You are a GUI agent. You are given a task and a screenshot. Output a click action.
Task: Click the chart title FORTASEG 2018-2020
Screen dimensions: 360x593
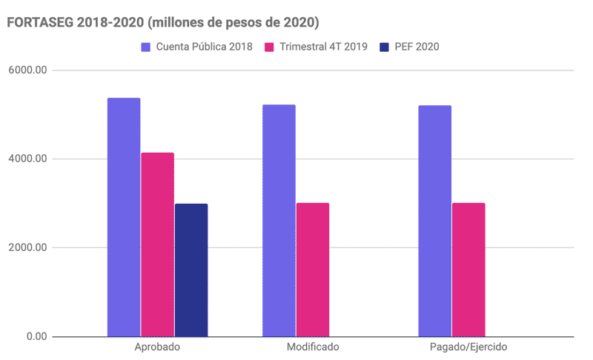pos(162,23)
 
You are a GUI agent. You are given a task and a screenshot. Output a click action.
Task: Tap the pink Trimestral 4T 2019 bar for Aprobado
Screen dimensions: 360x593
pos(157,244)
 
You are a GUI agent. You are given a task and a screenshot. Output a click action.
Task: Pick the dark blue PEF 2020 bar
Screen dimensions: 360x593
pos(191,270)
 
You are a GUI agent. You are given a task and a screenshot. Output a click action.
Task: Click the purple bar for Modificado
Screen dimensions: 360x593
pos(279,221)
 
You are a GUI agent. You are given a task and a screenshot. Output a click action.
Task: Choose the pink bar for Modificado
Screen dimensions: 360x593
pos(312,270)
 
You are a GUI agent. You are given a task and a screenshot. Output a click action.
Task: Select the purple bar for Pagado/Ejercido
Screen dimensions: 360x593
pos(434,221)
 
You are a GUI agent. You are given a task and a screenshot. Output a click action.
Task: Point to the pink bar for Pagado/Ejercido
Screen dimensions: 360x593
pos(468,270)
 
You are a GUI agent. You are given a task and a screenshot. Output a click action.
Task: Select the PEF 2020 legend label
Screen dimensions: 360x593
pos(417,47)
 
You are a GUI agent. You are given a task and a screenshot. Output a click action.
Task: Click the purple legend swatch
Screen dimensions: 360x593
pos(146,47)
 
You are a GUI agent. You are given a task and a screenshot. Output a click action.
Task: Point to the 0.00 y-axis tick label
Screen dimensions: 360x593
pos(36,337)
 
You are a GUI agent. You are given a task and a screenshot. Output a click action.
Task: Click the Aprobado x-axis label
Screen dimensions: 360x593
pos(158,347)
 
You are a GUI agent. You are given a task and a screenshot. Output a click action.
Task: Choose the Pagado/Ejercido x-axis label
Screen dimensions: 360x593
pos(468,347)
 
